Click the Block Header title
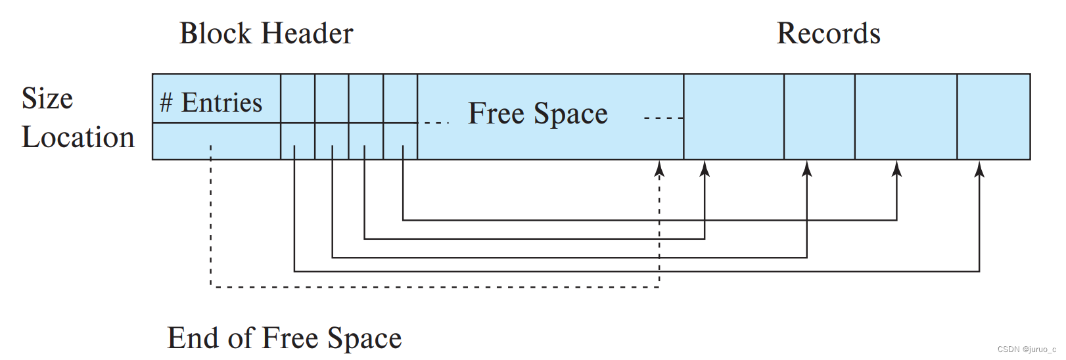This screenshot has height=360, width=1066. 266,34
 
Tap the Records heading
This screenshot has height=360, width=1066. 828,34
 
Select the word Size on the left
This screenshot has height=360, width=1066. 47,99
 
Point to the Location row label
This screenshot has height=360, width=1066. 78,137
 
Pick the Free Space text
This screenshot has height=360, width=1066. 538,113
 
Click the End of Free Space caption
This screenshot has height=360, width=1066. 284,338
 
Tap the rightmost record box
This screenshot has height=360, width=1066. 993,116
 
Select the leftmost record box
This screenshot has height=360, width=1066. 733,116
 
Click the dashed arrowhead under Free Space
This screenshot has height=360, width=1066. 659,169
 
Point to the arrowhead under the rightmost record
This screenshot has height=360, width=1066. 979,169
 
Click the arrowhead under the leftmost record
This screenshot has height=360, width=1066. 705,169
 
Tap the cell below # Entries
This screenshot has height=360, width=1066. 216,141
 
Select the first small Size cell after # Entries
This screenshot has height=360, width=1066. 298,98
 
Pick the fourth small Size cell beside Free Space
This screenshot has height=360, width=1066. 400,98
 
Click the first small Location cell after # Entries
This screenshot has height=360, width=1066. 298,141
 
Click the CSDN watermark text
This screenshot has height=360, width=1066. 1026,349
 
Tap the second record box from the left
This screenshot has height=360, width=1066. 819,116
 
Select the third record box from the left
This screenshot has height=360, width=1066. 906,116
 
